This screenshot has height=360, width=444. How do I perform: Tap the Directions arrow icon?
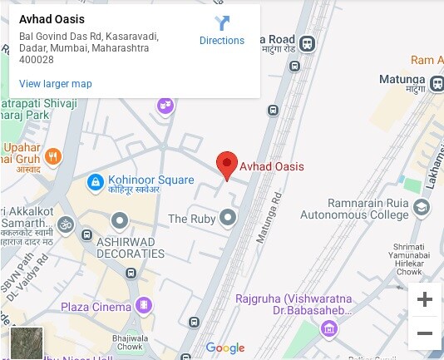[222, 23]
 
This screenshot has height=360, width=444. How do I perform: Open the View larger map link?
[55, 83]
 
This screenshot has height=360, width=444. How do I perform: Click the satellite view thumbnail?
[26, 343]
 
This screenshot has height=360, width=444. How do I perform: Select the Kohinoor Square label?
[150, 180]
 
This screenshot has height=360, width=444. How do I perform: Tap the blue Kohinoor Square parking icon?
[95, 180]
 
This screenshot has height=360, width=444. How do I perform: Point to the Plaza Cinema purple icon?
[146, 306]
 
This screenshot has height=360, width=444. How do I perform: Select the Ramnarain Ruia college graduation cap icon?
[422, 207]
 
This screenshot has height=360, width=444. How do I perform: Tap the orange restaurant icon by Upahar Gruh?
[52, 155]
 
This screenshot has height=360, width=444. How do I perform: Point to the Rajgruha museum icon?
[330, 328]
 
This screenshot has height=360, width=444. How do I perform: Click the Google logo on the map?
[224, 348]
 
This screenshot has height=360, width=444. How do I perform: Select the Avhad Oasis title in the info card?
[52, 19]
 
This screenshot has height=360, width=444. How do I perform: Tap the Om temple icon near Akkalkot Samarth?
[66, 224]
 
